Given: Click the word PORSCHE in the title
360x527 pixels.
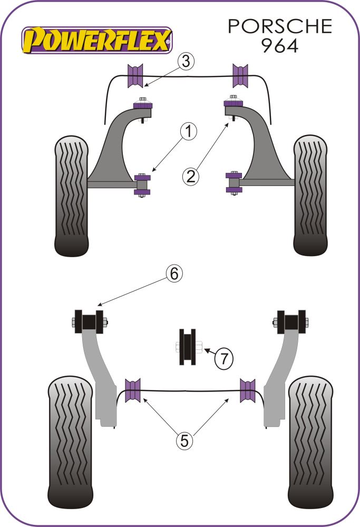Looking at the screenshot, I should [x=280, y=26].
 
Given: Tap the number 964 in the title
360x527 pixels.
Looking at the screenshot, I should [x=279, y=45].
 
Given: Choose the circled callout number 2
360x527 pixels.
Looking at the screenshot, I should [x=191, y=176].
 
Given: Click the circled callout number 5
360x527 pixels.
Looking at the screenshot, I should [x=184, y=440].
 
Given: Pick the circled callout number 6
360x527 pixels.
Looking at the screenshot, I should [x=175, y=273].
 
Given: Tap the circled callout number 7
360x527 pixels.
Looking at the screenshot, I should [x=224, y=359].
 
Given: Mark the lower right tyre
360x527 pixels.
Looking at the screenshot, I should [x=311, y=440].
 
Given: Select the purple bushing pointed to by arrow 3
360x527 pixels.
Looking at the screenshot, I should [x=135, y=75].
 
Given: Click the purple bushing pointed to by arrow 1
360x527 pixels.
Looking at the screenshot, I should [x=142, y=184].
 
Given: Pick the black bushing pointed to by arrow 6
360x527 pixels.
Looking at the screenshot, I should [x=88, y=322].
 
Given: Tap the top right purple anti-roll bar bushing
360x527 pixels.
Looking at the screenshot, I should [x=240, y=75].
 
